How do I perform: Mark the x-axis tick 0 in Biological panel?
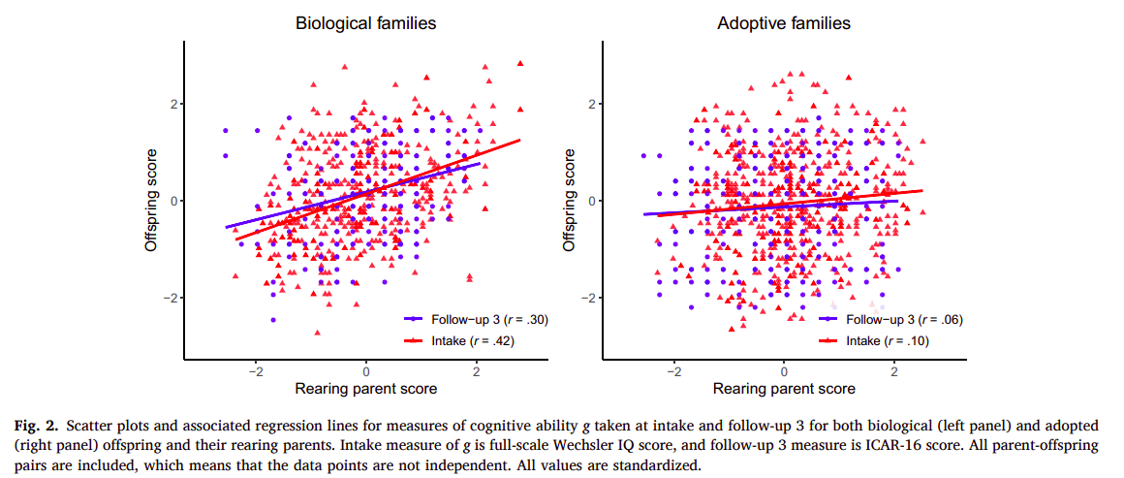[x=365, y=370]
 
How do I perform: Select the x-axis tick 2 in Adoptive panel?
[x=893, y=370]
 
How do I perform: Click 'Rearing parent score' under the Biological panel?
[x=365, y=389]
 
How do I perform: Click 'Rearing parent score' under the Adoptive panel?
[x=783, y=389]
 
